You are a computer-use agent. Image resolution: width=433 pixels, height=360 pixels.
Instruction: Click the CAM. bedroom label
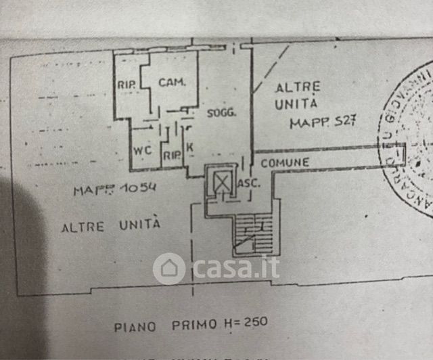[172, 83]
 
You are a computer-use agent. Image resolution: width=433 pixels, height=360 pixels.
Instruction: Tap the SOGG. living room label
[221, 113]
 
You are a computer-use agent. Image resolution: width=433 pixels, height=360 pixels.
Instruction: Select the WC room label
[141, 150]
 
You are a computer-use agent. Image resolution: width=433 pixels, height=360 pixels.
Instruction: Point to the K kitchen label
[189, 148]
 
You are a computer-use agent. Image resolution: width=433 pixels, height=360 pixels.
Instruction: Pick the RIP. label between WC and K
[171, 155]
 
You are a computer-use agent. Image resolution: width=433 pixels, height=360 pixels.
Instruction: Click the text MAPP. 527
[323, 124]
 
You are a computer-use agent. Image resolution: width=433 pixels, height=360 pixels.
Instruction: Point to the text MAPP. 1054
[116, 190]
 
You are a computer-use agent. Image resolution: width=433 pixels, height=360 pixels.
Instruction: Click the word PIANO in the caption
[135, 326]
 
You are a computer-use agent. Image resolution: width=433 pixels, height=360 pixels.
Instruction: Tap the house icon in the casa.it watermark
[169, 269]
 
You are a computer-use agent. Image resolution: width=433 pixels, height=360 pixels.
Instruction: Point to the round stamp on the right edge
[409, 139]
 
